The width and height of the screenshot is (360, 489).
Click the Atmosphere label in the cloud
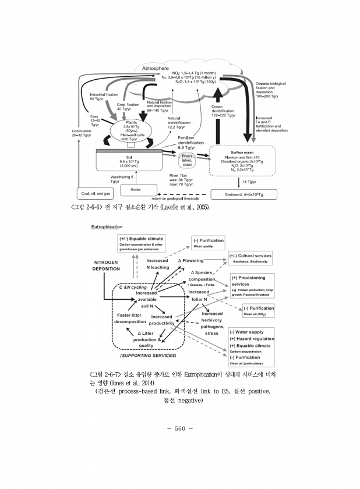156,68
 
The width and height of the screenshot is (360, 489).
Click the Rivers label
188,157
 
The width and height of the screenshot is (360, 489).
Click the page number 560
179,430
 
